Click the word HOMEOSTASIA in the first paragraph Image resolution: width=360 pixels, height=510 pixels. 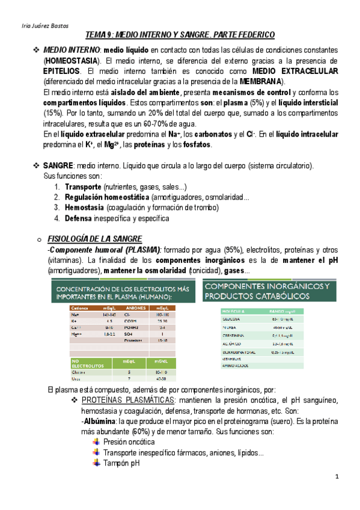coord(70,61)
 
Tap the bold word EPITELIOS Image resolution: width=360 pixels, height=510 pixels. coord(64,71)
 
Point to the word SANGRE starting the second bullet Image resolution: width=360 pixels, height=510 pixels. coord(56,165)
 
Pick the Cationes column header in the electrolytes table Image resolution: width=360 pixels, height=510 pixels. coord(81,307)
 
